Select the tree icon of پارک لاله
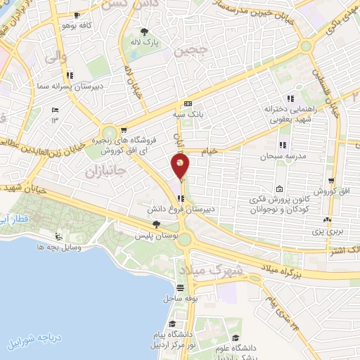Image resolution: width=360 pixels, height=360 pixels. point(145,32)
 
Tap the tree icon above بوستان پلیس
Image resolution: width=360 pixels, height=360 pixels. point(156,224)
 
